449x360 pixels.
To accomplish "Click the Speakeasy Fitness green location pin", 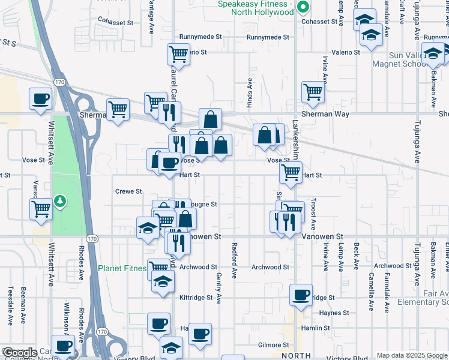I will tap(303, 8).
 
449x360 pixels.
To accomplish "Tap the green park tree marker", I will tap(59, 200).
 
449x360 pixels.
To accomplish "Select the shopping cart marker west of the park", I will tap(41, 209).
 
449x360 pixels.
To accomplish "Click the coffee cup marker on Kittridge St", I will tap(301, 295).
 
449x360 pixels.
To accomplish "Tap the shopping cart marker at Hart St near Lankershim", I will tap(291, 173).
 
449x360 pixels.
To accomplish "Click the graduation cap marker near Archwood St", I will tap(161, 281).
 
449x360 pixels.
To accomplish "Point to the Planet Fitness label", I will tap(122, 268).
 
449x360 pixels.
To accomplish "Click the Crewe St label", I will tap(128, 191).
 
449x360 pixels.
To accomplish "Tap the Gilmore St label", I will tap(273, 345).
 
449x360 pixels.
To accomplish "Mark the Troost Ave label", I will tap(313, 214).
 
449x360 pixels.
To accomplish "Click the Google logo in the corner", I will tap(19, 353).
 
